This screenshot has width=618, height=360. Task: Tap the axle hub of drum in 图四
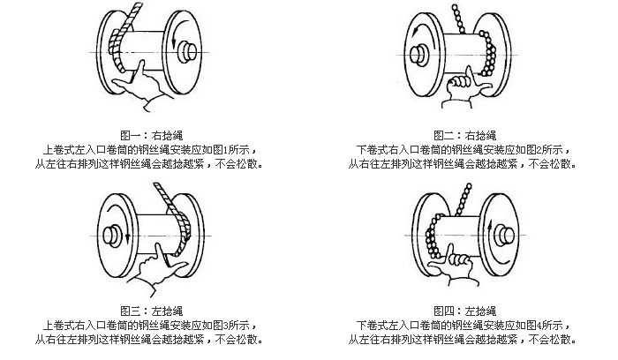click(x=505, y=235)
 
